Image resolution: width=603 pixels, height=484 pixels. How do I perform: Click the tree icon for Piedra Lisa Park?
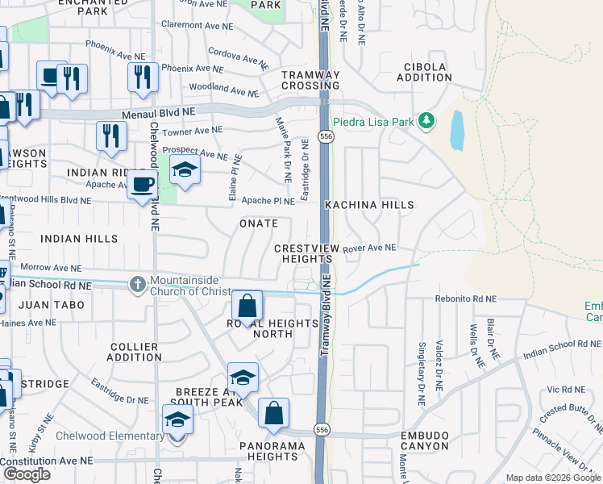[426, 121]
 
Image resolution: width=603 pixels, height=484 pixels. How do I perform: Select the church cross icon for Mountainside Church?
[137, 283]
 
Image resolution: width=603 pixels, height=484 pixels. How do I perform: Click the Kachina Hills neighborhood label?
[369, 206]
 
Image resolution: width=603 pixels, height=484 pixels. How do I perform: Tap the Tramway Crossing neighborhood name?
[310, 80]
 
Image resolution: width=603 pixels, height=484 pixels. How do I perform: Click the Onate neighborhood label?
[258, 223]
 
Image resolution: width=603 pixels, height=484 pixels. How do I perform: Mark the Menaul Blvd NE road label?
[159, 114]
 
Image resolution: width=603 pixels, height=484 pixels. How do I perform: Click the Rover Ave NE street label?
[369, 248]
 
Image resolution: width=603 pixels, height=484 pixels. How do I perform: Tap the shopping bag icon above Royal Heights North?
[247, 307]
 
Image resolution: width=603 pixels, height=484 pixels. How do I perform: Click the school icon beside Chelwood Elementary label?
[177, 420]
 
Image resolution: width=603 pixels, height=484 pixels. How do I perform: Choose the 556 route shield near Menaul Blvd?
[323, 137]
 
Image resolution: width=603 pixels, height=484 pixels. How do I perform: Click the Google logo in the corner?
[27, 474]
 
